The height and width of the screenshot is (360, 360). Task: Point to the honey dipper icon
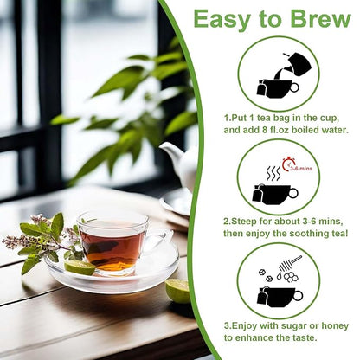click(x=290, y=263)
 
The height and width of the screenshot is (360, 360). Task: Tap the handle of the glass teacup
click(x=155, y=241)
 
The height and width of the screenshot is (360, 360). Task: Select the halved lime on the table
click(x=177, y=290)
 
